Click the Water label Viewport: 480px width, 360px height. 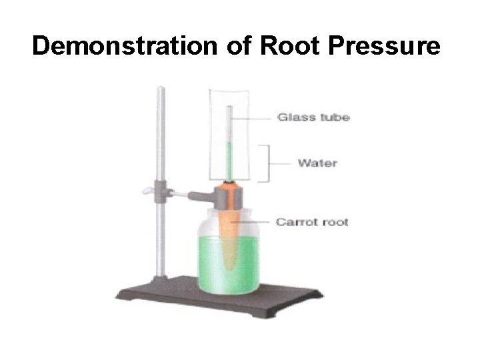coord(317,163)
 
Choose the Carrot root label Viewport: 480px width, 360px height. coord(312,221)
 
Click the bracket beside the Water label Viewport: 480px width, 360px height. coord(267,163)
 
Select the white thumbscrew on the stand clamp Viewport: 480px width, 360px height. coord(147,193)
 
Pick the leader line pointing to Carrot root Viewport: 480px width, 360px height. coord(257,221)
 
